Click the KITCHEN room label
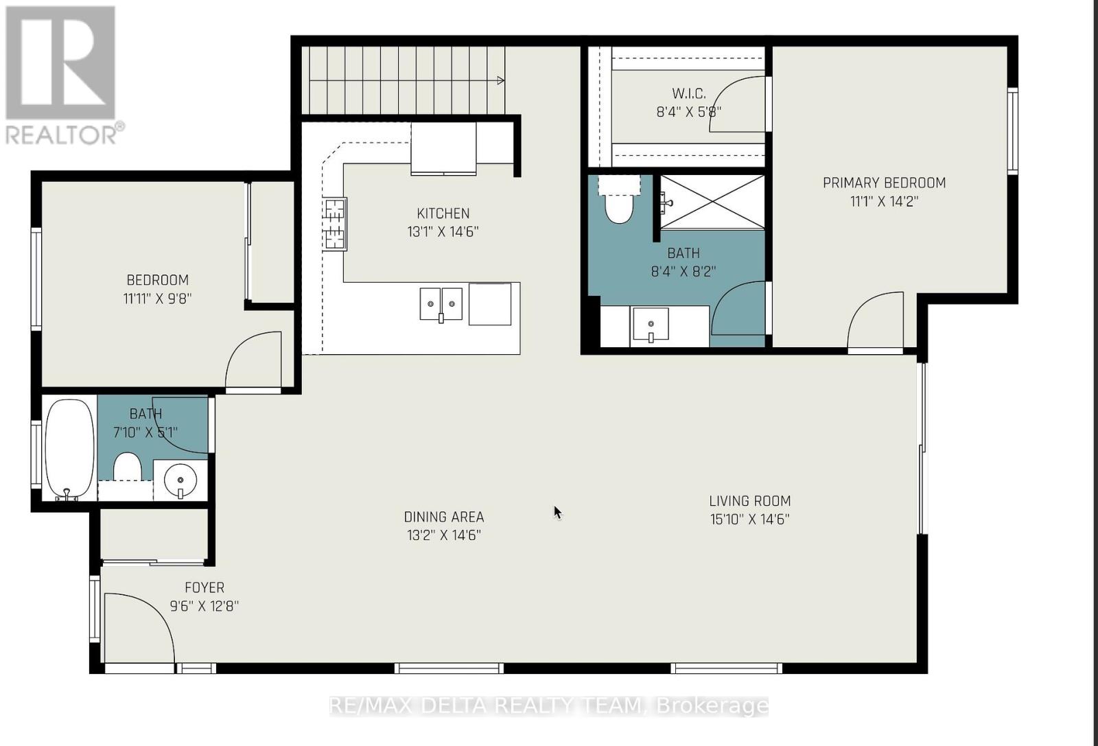(443, 213)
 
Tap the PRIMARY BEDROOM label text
(884, 183)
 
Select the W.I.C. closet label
(688, 93)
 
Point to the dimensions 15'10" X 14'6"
(749, 520)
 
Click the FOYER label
(204, 587)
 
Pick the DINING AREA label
(443, 517)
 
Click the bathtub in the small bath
(69, 448)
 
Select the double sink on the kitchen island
(441, 303)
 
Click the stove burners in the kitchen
(334, 224)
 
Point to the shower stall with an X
(712, 202)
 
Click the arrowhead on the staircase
(501, 81)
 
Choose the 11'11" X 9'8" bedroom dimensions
(157, 299)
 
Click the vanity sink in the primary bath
(650, 325)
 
